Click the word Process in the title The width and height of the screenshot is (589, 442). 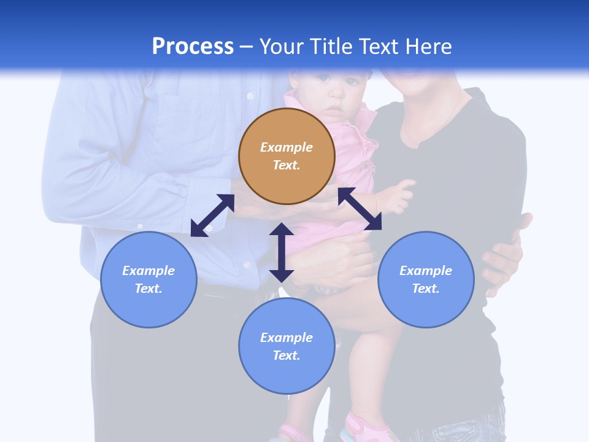coord(193,47)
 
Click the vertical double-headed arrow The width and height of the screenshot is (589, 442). coord(282,252)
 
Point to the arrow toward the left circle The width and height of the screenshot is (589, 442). coord(212,215)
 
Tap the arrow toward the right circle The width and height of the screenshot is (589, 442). coord(360,209)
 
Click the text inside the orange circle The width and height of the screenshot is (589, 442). coord(287,156)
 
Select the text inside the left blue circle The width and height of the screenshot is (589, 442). coord(148,279)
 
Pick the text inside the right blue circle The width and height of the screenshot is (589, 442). coord(426,279)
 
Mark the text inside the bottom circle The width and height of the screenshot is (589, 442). coord(287,346)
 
